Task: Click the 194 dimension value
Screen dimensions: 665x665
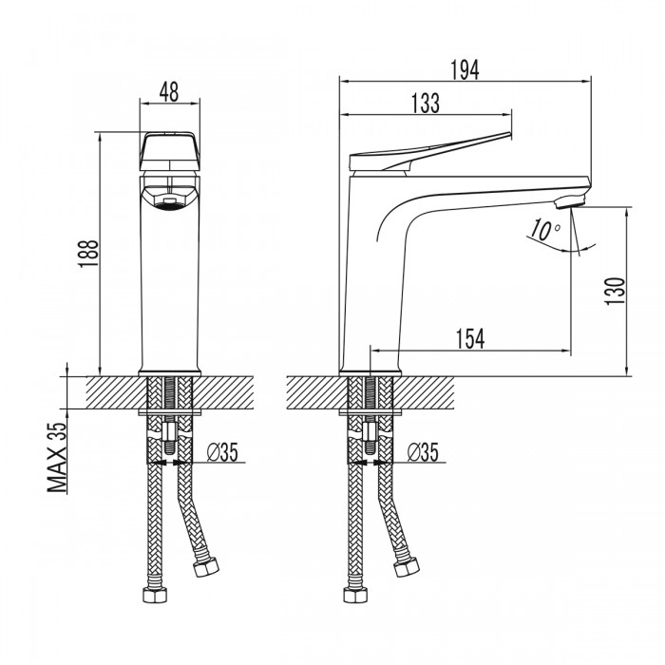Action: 465,70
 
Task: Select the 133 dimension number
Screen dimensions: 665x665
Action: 426,104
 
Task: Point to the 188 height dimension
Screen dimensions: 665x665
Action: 88,254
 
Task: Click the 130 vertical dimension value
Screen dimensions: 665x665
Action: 616,291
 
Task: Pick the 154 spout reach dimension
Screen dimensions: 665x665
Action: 470,339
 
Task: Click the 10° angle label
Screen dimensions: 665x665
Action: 545,230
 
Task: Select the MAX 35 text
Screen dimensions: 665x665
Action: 57,458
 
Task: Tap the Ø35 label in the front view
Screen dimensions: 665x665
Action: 222,451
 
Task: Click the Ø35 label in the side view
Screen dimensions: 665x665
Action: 423,451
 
